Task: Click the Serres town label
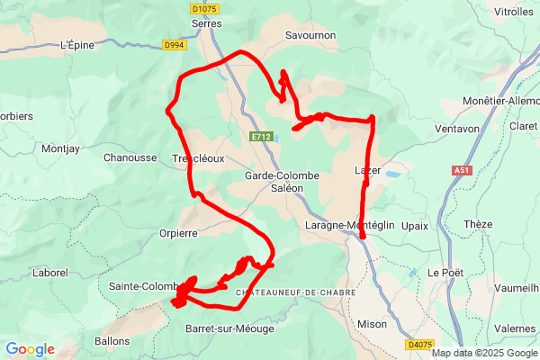click(207, 24)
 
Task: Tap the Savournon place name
click(311, 35)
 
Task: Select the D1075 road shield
click(205, 9)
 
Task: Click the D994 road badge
click(175, 44)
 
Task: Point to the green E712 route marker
click(261, 136)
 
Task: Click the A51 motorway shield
click(462, 169)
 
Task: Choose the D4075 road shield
click(419, 344)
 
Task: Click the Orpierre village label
click(202, 231)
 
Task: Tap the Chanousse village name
click(130, 157)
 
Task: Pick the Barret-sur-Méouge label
click(229, 328)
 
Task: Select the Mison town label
click(372, 324)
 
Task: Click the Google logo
click(30, 349)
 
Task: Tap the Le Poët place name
click(445, 273)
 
